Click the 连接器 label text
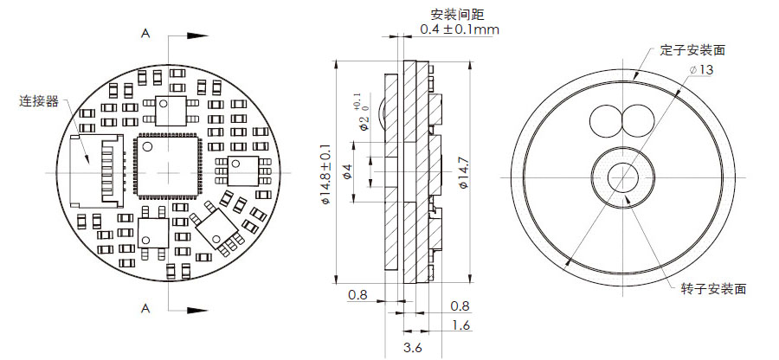39,102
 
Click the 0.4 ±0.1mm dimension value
459,30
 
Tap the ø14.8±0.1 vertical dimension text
325,174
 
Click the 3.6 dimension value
413,348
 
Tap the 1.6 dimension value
460,325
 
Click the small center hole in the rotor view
621,177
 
